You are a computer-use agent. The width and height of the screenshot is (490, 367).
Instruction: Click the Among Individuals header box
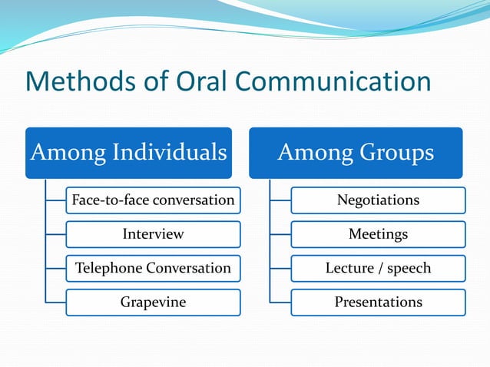click(128, 153)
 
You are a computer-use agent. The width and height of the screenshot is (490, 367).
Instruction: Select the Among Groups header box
click(355, 153)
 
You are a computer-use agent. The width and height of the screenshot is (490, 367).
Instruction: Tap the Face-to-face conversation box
click(153, 200)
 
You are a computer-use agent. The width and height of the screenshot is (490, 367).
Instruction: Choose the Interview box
click(153, 234)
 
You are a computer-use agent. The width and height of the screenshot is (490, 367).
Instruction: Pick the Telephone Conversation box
click(153, 268)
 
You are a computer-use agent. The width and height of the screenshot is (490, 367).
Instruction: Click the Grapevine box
click(153, 302)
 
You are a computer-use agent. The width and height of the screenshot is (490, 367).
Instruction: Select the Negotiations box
click(378, 200)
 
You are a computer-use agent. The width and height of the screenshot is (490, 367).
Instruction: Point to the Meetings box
click(378, 234)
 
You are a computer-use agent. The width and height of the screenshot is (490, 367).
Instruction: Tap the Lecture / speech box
click(378, 268)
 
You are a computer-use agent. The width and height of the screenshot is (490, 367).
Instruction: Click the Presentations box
click(378, 302)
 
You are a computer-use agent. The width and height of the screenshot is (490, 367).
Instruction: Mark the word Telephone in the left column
click(107, 268)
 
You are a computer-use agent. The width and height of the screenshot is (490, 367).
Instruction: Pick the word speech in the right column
click(409, 269)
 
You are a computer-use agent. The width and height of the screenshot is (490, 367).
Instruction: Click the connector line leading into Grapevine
click(55, 302)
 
